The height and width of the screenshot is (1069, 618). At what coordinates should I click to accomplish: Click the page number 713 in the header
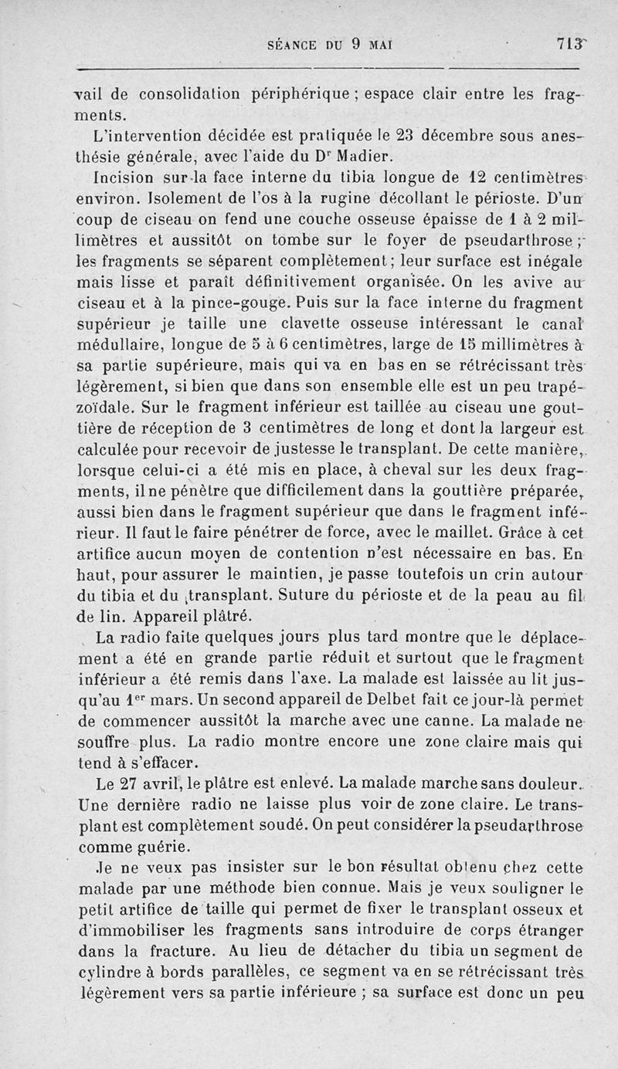tap(568, 44)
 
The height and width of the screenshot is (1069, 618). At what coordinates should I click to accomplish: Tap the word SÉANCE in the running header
tap(292, 46)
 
